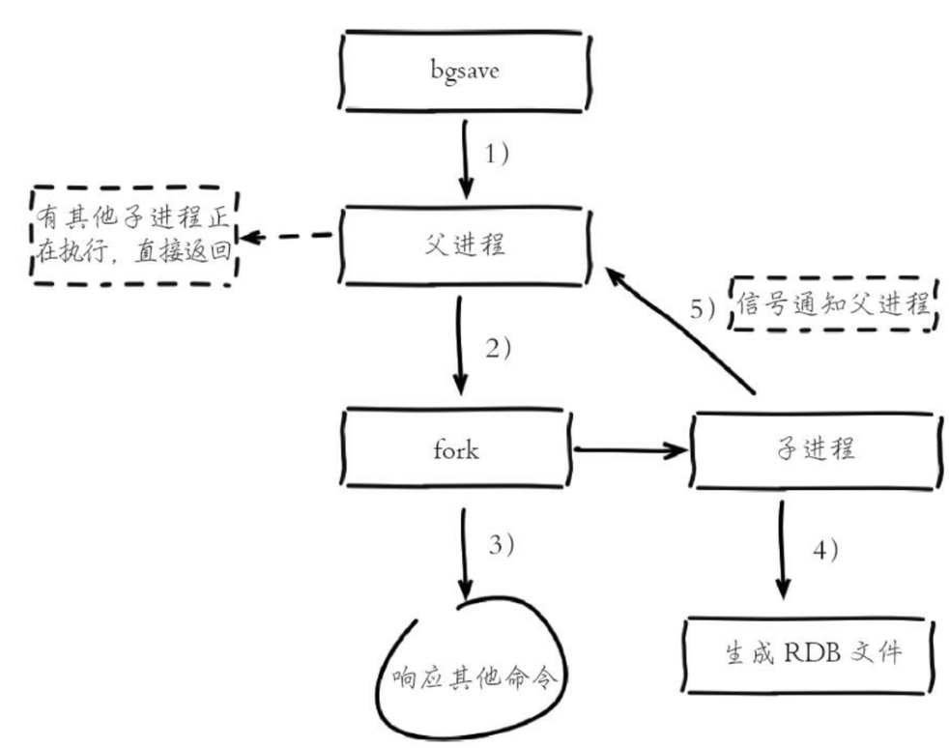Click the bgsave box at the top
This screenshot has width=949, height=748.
pyautogui.click(x=467, y=72)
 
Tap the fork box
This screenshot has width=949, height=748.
pyautogui.click(x=455, y=450)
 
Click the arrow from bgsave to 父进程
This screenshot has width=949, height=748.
pyautogui.click(x=466, y=157)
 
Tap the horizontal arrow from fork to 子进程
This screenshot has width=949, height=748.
pyautogui.click(x=631, y=449)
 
